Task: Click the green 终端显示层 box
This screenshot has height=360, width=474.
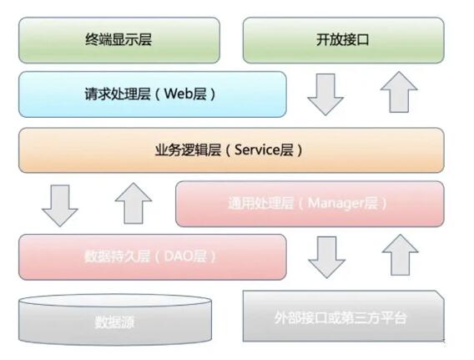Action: tap(119, 40)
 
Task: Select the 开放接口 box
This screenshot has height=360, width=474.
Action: tap(344, 40)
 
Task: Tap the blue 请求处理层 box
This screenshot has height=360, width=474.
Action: tap(153, 94)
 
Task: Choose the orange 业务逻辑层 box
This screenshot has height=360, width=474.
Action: tap(231, 150)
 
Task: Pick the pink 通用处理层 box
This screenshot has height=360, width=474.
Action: tap(310, 204)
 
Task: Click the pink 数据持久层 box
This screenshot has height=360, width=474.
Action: tap(153, 256)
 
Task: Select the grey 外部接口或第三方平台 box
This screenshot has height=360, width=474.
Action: tap(344, 316)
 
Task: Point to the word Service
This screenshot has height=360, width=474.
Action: tap(257, 150)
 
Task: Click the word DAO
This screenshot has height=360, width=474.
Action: tap(179, 256)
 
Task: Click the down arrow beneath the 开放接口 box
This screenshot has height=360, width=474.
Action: tap(325, 94)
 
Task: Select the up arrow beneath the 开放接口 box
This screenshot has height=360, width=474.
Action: tap(399, 92)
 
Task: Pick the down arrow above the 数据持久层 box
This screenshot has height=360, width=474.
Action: tap(60, 205)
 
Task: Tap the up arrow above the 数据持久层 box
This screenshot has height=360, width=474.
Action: tap(134, 203)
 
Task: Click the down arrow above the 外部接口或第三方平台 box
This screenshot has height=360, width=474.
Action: tap(326, 257)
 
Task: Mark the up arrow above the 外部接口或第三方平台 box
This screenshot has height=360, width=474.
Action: tap(400, 255)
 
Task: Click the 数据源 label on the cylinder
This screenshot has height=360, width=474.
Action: tap(114, 322)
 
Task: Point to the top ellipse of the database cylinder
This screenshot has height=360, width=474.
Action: tap(115, 302)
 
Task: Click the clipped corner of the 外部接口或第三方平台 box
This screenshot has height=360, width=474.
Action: tap(440, 295)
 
